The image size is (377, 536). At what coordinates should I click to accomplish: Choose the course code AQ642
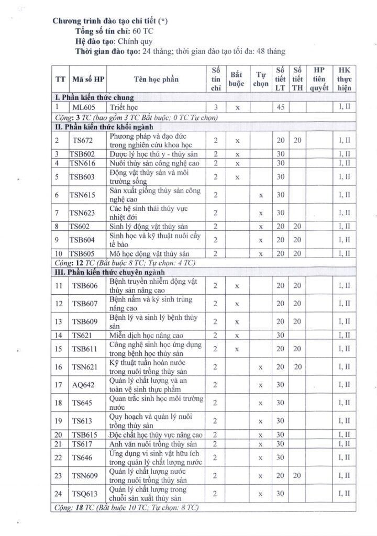83,385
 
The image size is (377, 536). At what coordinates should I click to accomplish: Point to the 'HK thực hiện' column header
344,79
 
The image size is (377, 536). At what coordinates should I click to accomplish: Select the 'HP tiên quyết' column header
319,79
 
